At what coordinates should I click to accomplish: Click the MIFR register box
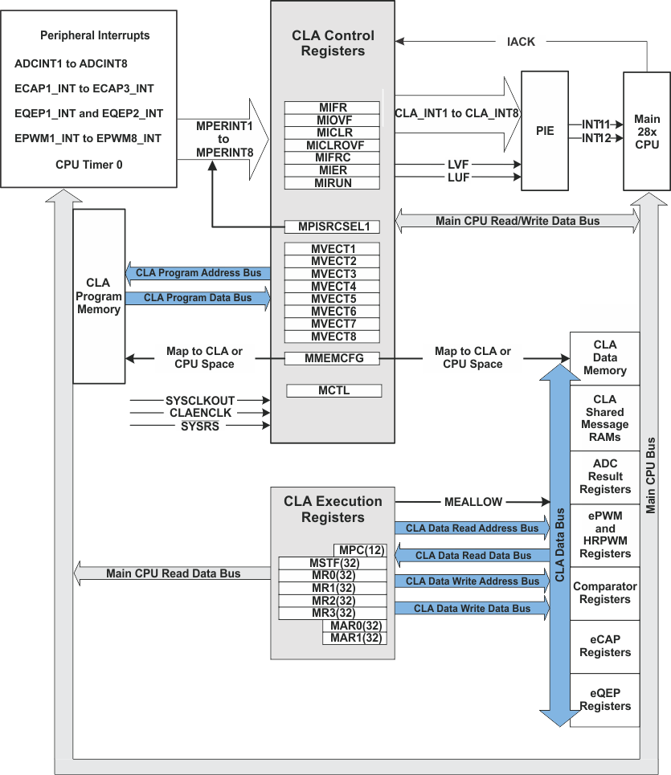[332, 107]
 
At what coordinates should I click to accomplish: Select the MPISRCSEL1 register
[332, 226]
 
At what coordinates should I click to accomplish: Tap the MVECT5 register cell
[332, 299]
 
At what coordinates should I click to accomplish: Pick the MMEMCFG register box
[332, 358]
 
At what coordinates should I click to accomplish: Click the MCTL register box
[332, 390]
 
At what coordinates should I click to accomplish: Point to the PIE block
[550, 130]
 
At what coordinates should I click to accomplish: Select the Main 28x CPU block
[647, 130]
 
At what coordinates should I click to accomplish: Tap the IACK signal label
[521, 42]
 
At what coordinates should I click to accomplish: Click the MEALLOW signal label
[473, 502]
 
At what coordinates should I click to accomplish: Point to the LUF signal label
[458, 177]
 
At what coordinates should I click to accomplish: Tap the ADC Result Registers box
[604, 476]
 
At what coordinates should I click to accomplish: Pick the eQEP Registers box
[604, 700]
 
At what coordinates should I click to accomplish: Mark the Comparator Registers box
[604, 593]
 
